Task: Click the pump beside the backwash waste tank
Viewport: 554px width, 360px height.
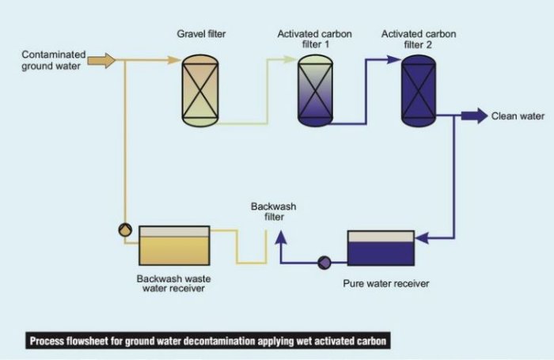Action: [x=125, y=229]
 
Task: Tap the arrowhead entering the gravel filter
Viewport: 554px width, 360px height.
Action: [x=175, y=60]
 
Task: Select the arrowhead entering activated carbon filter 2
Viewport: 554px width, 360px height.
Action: [x=396, y=60]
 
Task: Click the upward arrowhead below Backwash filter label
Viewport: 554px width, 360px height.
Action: [x=279, y=235]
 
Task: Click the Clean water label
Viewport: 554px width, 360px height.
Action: [x=518, y=116]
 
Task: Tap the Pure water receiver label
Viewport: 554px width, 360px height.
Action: [x=385, y=282]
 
